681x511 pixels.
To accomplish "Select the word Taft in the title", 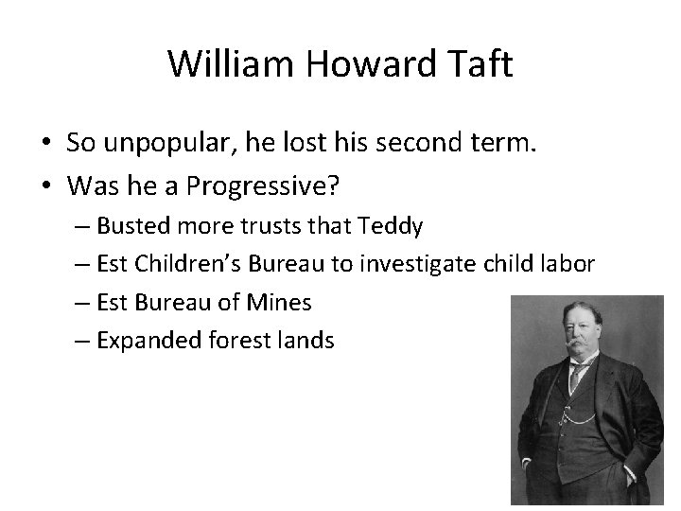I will click(480, 64).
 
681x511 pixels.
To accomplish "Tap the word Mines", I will click(281, 302).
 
